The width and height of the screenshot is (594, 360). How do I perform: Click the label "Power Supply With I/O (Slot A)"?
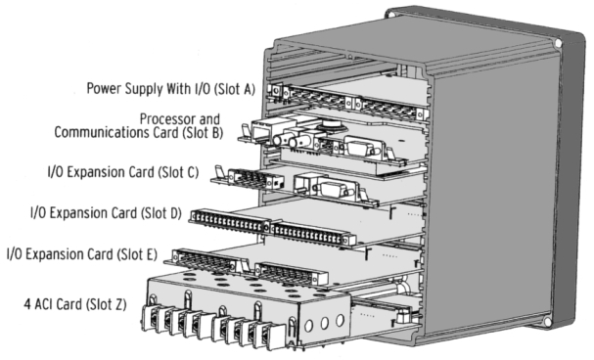(171, 89)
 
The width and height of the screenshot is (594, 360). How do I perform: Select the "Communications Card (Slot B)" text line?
(139, 132)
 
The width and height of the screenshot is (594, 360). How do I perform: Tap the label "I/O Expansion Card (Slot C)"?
(123, 172)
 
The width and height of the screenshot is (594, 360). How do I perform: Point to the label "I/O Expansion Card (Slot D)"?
(106, 213)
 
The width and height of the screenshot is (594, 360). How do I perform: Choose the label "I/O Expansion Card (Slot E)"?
(82, 254)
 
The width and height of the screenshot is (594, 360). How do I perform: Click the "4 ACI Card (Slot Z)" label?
(75, 304)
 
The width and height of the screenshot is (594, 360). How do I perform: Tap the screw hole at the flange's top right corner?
(558, 43)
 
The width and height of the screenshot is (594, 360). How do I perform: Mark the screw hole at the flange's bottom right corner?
(547, 322)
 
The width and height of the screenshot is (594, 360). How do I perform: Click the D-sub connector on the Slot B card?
(359, 148)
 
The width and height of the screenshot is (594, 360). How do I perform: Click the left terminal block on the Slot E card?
(206, 260)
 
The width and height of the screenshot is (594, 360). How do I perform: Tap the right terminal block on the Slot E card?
(291, 273)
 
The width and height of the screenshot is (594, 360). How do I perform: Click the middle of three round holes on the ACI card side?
(324, 323)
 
